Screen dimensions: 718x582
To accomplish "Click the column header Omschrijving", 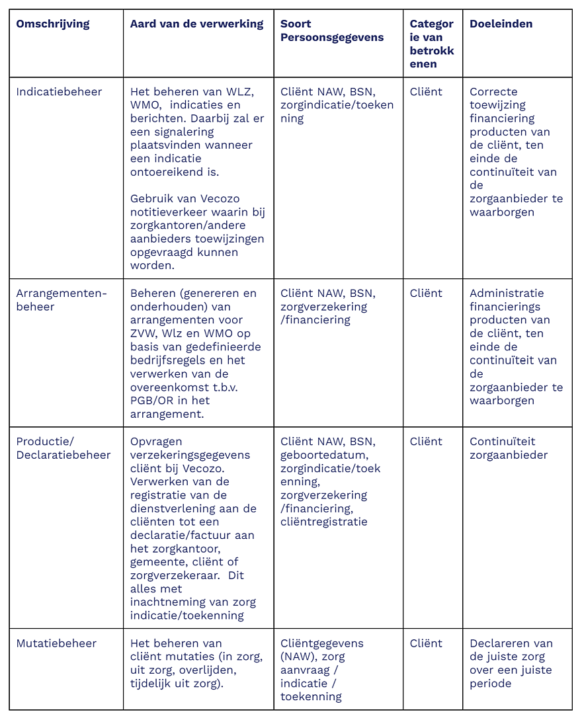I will point(53,24).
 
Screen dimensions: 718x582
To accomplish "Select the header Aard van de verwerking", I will point(196,24).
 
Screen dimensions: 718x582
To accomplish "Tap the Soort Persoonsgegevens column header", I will point(332,30).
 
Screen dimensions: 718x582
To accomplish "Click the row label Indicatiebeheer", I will point(59,92).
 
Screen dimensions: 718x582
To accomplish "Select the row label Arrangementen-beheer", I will point(61,299).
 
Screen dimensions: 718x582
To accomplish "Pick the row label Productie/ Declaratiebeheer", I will point(63,448).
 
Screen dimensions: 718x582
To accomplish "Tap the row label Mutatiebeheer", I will point(56,643).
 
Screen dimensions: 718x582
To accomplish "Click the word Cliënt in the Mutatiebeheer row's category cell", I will point(426,643).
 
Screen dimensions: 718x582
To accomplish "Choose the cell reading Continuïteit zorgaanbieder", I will point(509,448).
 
